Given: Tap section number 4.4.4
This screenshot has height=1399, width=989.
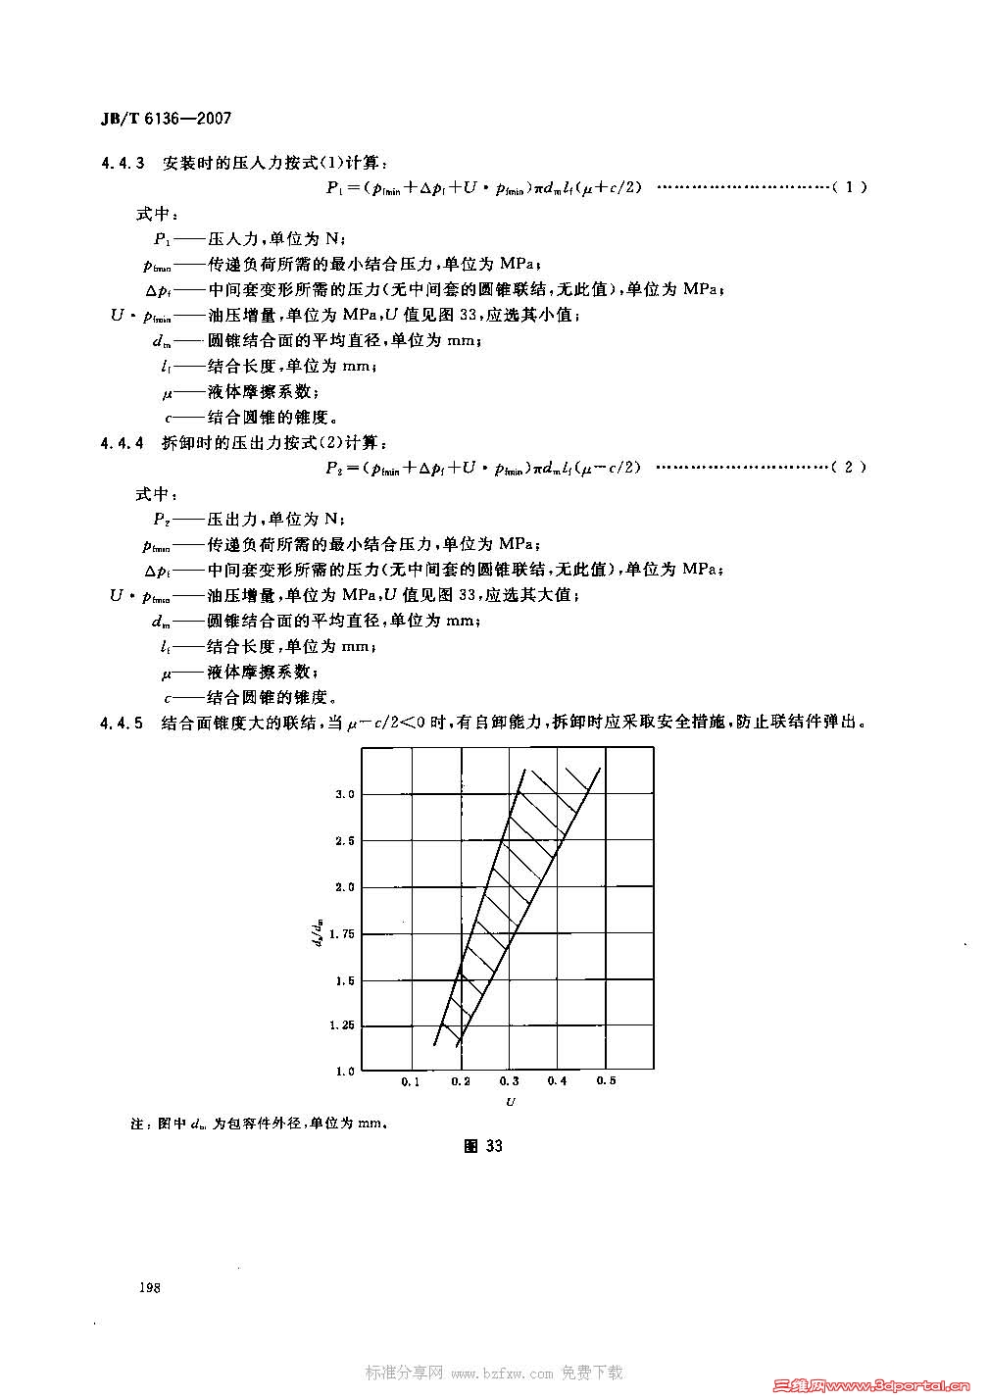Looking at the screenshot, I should click(123, 443).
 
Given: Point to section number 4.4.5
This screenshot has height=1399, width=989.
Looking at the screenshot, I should click(123, 724).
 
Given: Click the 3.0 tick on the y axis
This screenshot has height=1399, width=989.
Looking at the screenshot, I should click(345, 793).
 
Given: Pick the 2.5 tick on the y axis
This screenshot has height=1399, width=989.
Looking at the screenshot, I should click(345, 840).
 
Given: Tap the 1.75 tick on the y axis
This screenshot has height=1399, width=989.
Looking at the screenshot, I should click(342, 933).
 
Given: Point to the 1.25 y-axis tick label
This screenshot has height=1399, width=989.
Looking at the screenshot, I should click(342, 1025).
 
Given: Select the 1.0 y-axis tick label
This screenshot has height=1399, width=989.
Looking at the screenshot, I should click(345, 1072).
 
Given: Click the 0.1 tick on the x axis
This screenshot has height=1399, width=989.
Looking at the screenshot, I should click(411, 1081).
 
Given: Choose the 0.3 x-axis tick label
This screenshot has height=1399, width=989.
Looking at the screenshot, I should click(509, 1081).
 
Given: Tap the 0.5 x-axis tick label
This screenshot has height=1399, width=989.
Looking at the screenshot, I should click(607, 1081).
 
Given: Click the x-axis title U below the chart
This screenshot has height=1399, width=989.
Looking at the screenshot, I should click(510, 1102).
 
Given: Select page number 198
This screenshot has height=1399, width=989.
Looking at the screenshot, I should click(150, 1287).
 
